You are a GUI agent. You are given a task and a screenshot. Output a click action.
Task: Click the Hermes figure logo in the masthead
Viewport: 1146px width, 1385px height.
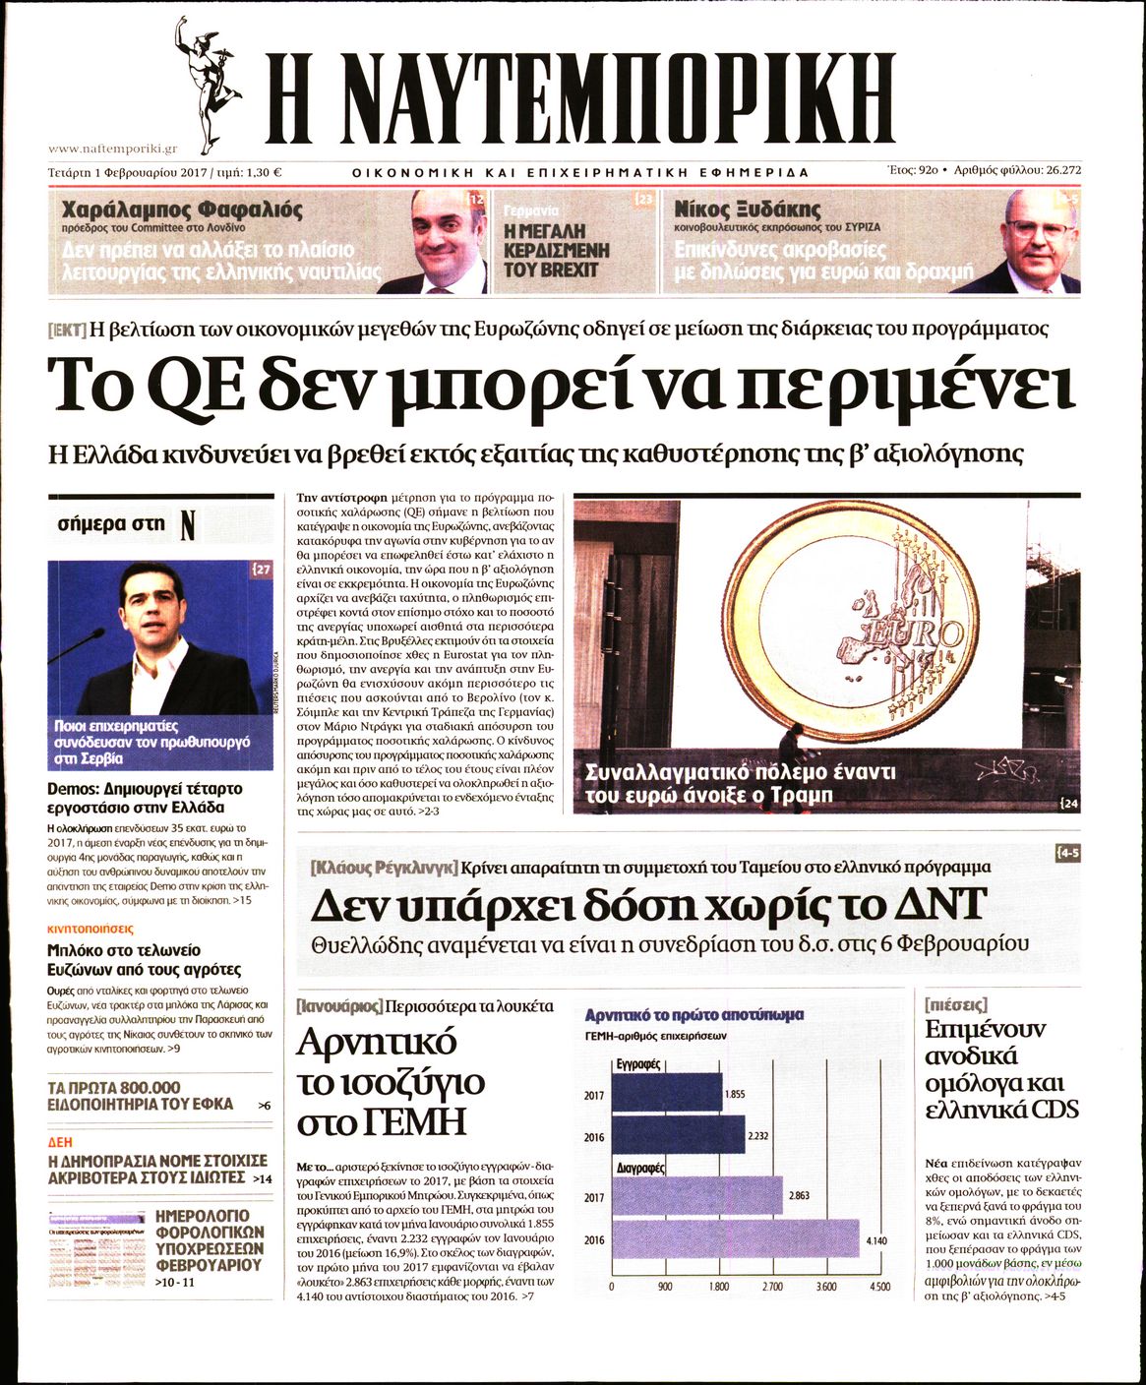pos(209,84)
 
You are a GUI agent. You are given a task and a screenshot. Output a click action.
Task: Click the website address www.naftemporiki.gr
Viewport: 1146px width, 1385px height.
pos(112,149)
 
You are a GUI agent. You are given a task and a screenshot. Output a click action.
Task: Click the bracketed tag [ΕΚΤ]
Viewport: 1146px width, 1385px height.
pos(67,330)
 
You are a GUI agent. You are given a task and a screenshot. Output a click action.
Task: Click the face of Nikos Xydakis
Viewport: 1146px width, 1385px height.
pos(1038,235)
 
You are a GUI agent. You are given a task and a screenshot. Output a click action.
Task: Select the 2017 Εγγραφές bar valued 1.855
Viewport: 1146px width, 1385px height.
pos(666,1093)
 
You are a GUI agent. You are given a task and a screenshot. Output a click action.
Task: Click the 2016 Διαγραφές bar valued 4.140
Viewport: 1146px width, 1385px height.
pos(735,1239)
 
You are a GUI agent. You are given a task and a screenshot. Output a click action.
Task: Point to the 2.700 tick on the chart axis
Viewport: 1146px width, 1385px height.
pos(772,1287)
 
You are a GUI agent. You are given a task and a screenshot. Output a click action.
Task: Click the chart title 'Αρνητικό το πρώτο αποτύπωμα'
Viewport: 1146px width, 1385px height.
pos(694,1015)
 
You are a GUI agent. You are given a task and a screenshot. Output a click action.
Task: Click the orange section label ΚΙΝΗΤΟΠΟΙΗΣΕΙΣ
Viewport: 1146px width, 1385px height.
pos(90,929)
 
